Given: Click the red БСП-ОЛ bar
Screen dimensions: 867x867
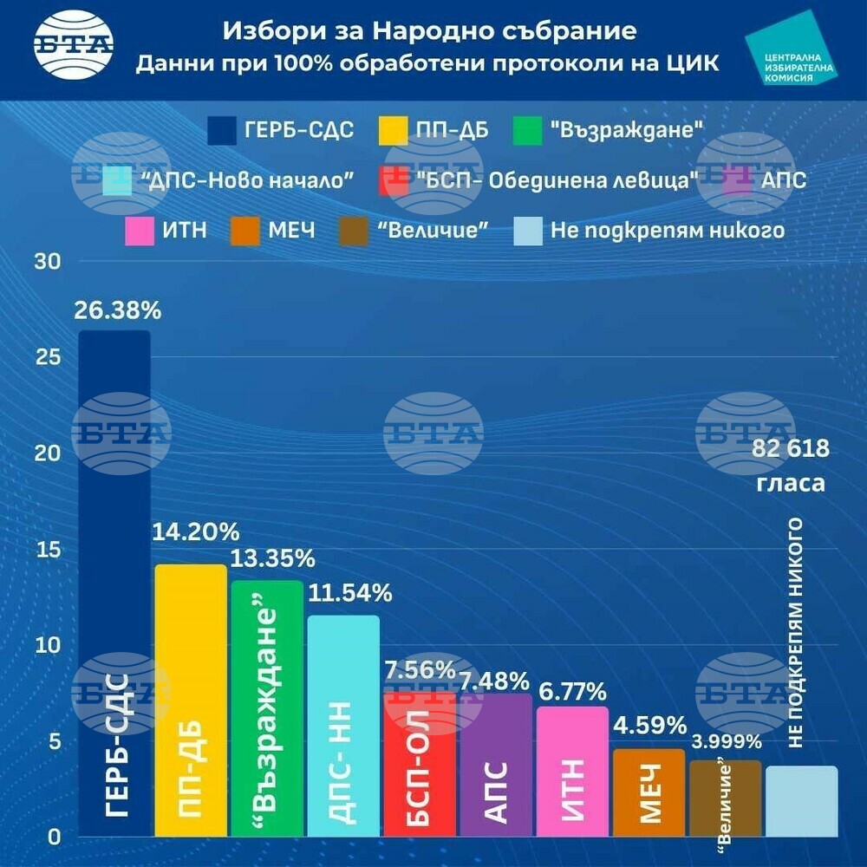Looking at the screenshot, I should click(420, 763).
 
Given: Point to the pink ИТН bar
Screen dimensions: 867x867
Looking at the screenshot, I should click(572, 772).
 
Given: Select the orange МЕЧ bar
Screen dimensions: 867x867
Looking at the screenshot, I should click(649, 792).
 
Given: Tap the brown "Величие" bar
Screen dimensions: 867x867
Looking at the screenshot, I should click(725, 799).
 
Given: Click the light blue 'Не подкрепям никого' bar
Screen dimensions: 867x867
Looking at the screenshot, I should click(801, 801).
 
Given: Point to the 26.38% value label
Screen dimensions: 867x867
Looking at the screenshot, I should click(114, 310).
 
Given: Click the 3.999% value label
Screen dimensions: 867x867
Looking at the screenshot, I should click(727, 741).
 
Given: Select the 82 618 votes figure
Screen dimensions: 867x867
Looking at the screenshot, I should click(791, 449).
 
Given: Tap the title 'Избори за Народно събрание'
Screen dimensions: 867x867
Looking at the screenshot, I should click(429, 31).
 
